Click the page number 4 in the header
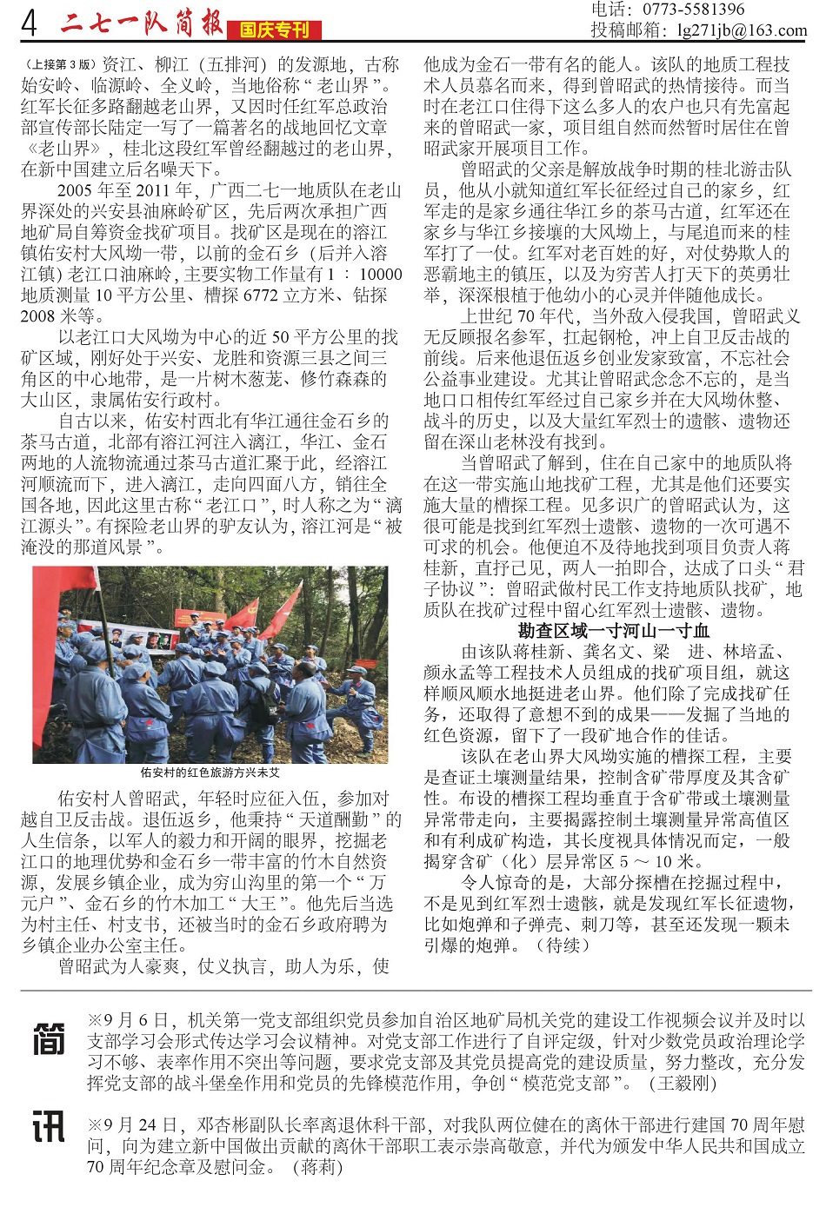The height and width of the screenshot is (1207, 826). [30, 23]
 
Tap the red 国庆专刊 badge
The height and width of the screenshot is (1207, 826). [274, 30]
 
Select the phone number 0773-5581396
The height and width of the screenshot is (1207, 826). [693, 10]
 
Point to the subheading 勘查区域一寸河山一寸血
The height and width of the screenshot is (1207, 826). [613, 631]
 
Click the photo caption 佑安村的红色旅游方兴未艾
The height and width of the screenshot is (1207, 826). [210, 772]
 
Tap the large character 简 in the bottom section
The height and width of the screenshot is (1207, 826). [49, 1039]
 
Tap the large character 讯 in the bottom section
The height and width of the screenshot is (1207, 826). [49, 1126]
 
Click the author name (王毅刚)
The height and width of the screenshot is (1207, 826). [683, 1083]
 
